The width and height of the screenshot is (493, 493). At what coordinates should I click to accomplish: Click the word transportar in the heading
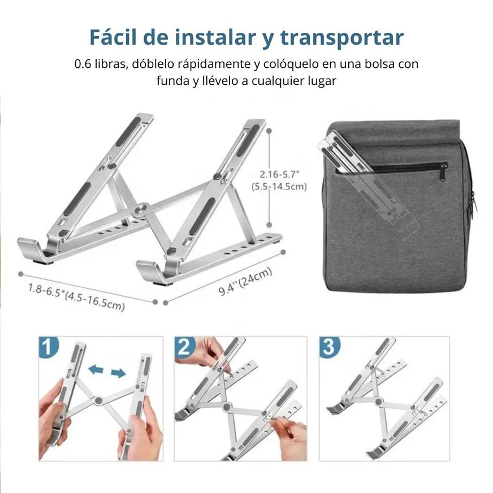pos(341,38)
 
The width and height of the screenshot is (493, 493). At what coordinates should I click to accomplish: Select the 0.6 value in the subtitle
pos(83,64)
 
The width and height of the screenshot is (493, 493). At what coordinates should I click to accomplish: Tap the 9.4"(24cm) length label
pos(245,282)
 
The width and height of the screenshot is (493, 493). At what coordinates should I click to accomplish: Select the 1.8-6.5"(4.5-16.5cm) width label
pos(76,297)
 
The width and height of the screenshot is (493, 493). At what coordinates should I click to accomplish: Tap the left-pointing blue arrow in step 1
pos(96,370)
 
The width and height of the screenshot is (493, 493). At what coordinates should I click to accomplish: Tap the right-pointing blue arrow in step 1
pos(118,373)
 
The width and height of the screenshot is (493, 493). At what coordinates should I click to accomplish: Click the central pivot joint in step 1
pos(99,401)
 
